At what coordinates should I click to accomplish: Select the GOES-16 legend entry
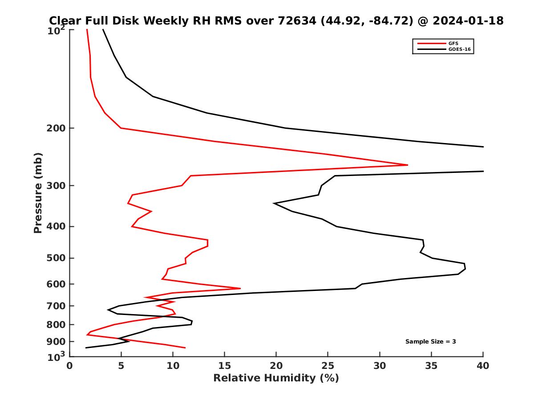pyautogui.click(x=458, y=49)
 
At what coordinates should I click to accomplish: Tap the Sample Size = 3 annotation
pyautogui.click(x=430, y=342)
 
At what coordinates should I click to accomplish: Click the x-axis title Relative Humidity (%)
pyautogui.click(x=276, y=378)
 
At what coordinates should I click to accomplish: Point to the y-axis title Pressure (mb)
pyautogui.click(x=38, y=192)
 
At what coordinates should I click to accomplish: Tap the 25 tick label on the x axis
pyautogui.click(x=328, y=366)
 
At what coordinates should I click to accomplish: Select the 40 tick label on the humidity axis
pyautogui.click(x=483, y=366)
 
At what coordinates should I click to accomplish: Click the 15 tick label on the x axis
pyautogui.click(x=225, y=366)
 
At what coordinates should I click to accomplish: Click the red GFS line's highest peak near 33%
pyautogui.click(x=407, y=165)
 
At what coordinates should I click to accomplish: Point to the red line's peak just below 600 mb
pyautogui.click(x=240, y=289)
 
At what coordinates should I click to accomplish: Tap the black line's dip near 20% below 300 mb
pyautogui.click(x=275, y=204)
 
